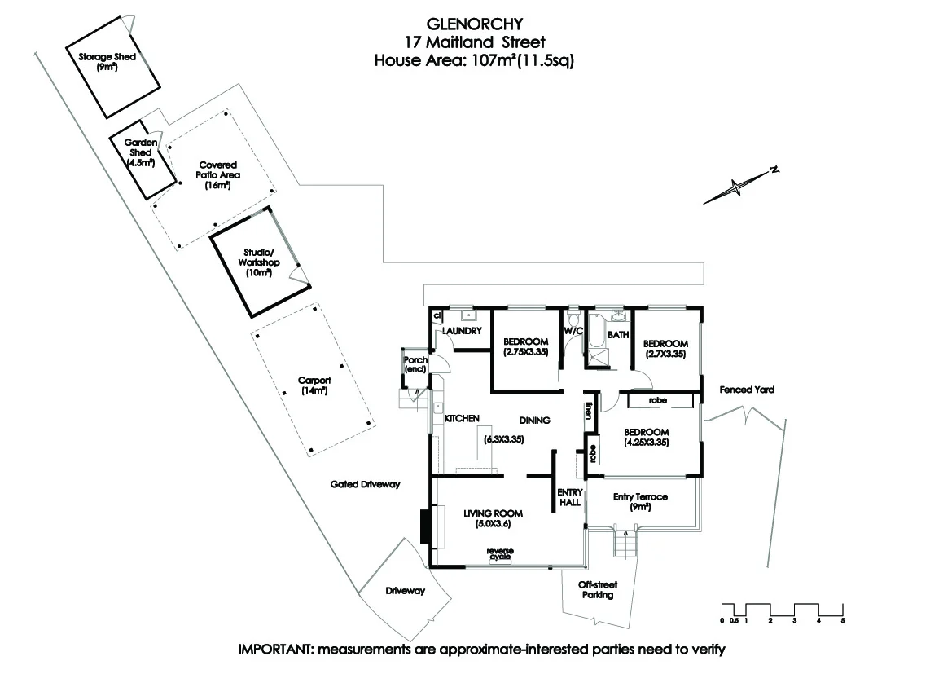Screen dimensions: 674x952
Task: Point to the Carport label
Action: pyautogui.click(x=314, y=385)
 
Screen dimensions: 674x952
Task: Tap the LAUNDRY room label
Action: pyautogui.click(x=463, y=331)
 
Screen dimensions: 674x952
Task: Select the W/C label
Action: pyautogui.click(x=574, y=332)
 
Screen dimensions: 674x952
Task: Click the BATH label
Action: pyautogui.click(x=618, y=334)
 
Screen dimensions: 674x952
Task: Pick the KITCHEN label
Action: pyautogui.click(x=461, y=418)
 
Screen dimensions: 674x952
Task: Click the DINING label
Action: pyautogui.click(x=535, y=421)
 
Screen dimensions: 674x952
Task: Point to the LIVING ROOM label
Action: pyautogui.click(x=492, y=513)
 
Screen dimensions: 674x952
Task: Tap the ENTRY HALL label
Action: pyautogui.click(x=568, y=497)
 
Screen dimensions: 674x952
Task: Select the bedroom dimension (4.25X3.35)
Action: pyautogui.click(x=647, y=443)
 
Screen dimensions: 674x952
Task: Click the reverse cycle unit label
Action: pyautogui.click(x=500, y=553)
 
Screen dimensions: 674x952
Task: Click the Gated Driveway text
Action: pyautogui.click(x=365, y=484)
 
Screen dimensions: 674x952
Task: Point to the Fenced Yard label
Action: pyautogui.click(x=747, y=390)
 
